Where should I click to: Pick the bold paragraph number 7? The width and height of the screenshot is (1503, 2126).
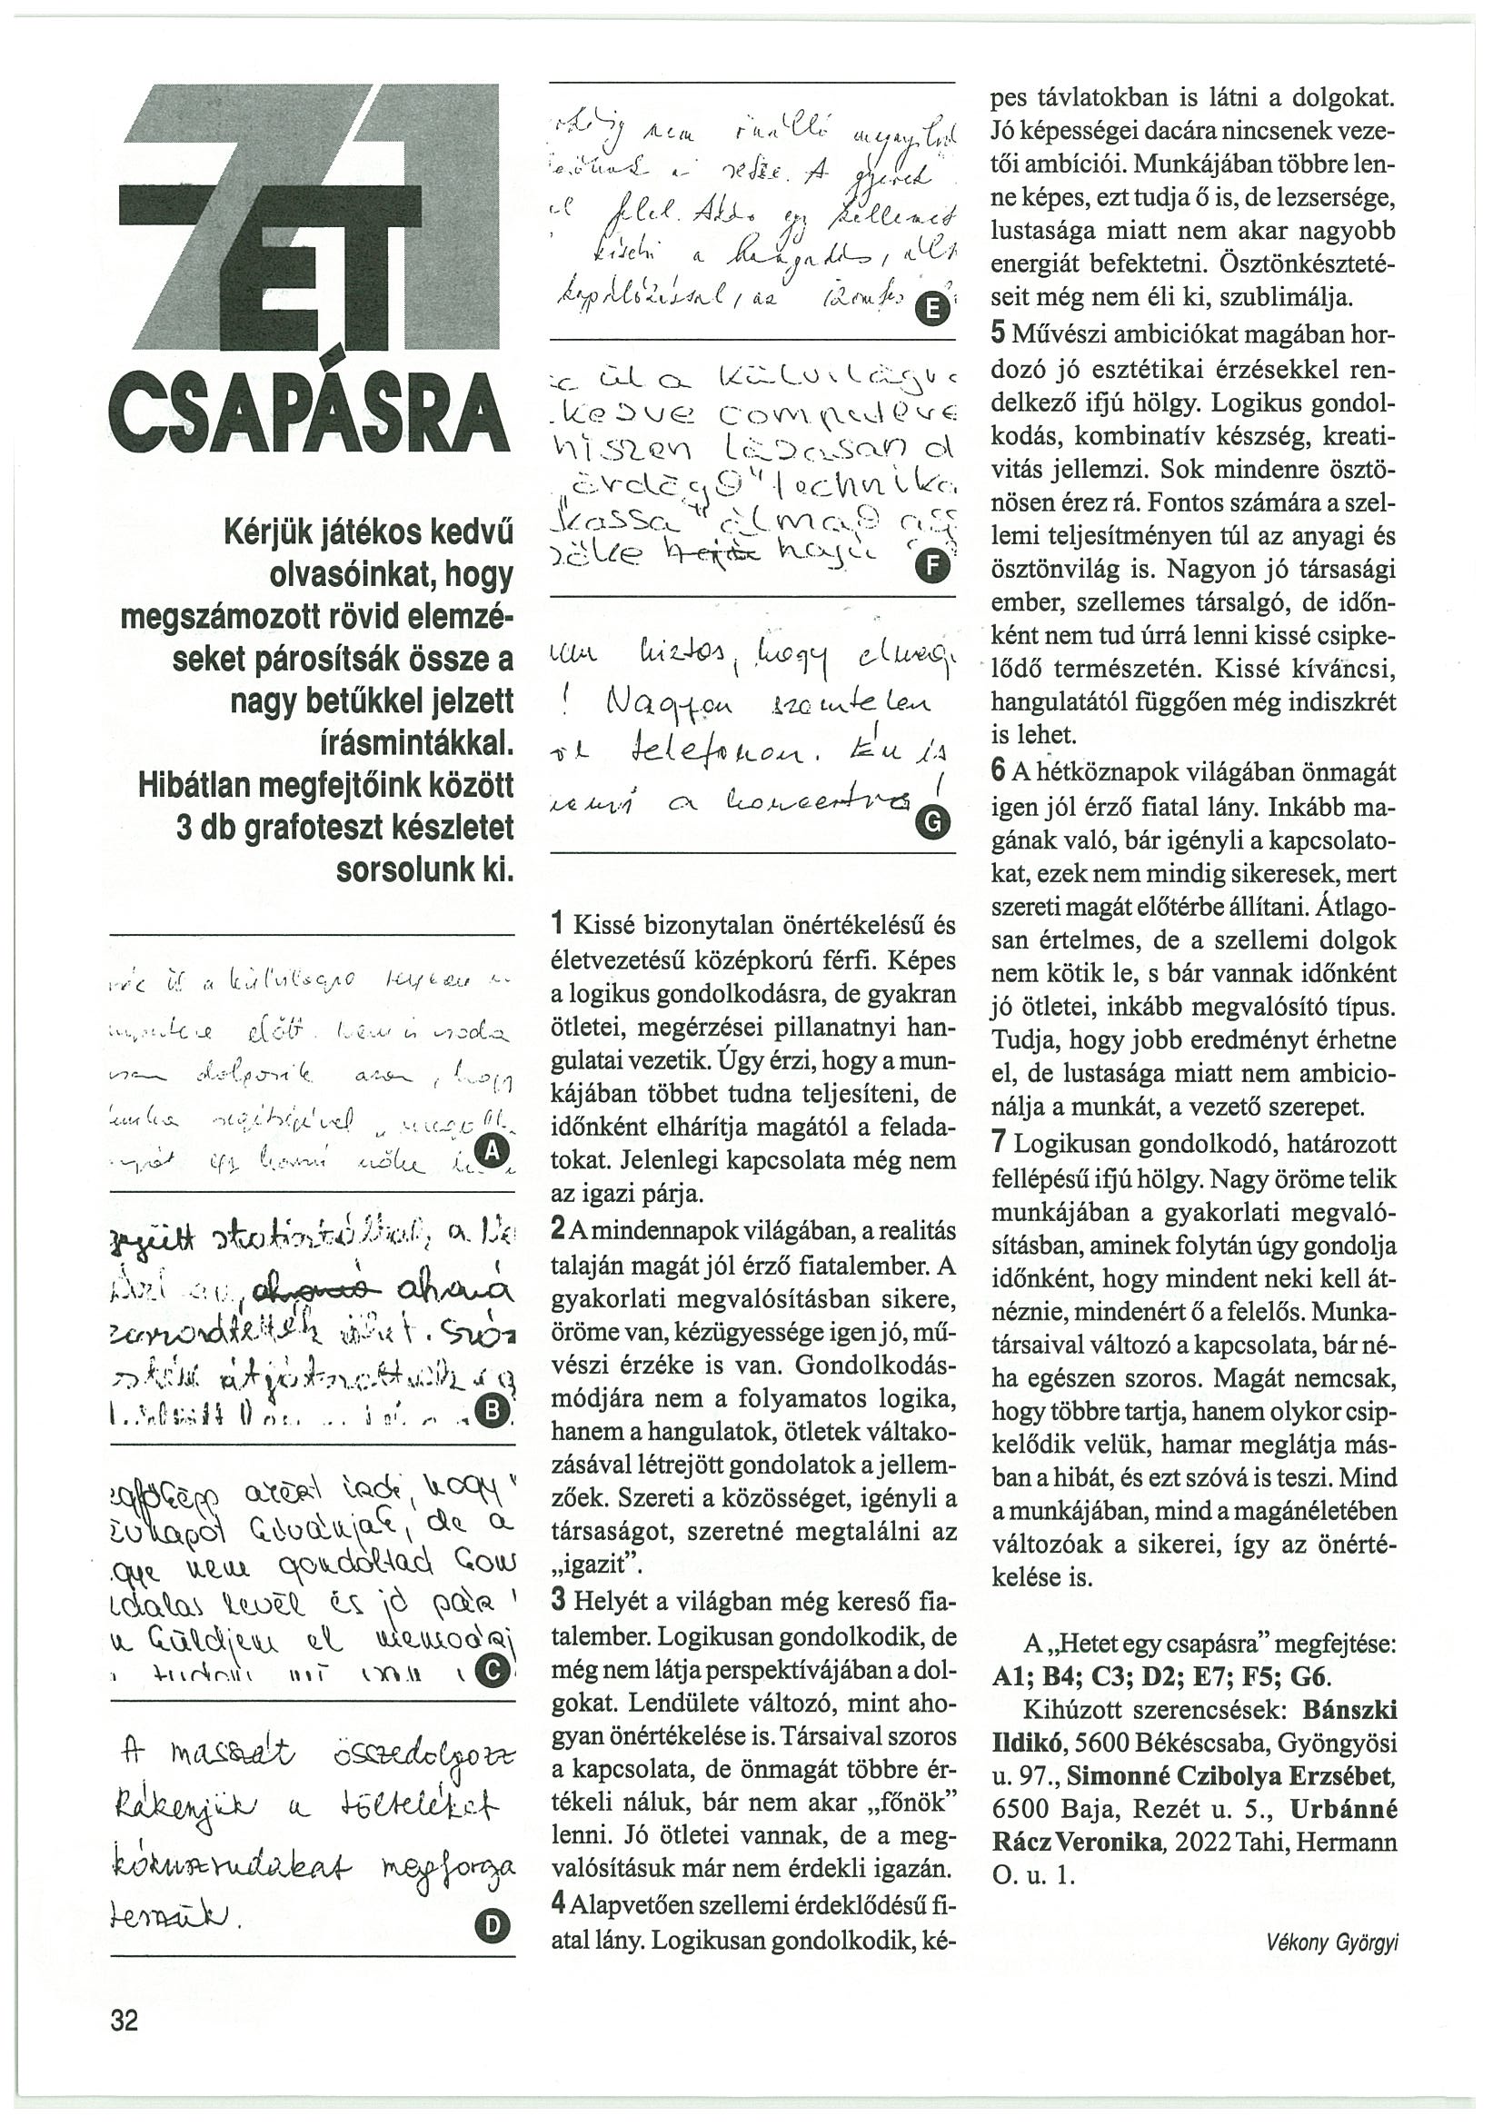999,1143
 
